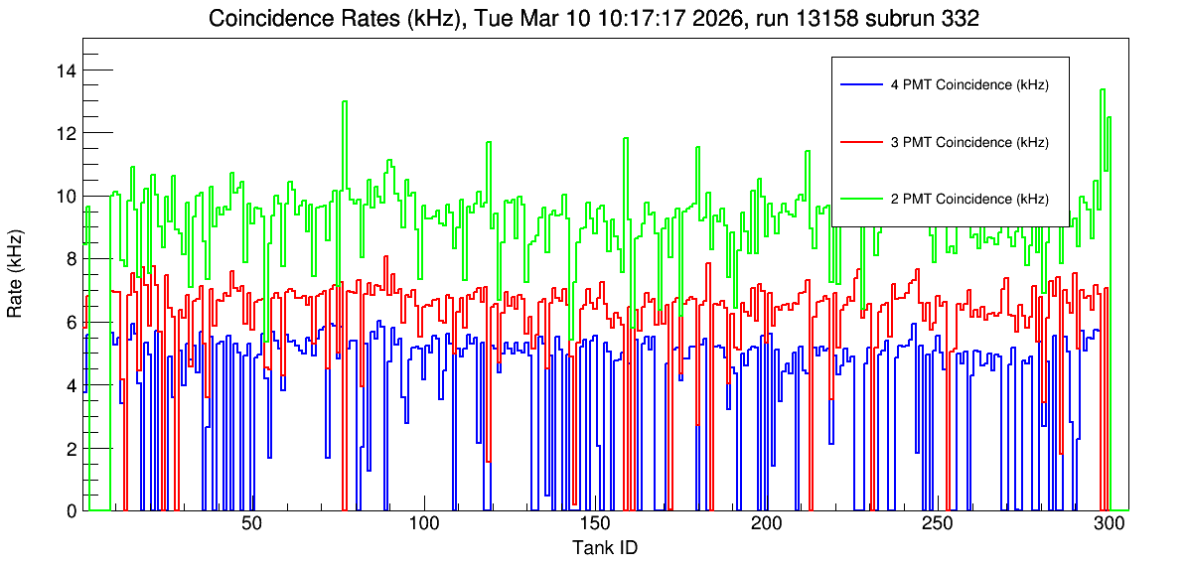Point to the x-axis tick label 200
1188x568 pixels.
click(x=766, y=525)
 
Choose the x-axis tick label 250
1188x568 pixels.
click(x=938, y=525)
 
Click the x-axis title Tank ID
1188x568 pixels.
click(x=604, y=547)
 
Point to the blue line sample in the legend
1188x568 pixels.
click(x=862, y=85)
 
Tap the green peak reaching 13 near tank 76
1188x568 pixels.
click(x=345, y=101)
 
